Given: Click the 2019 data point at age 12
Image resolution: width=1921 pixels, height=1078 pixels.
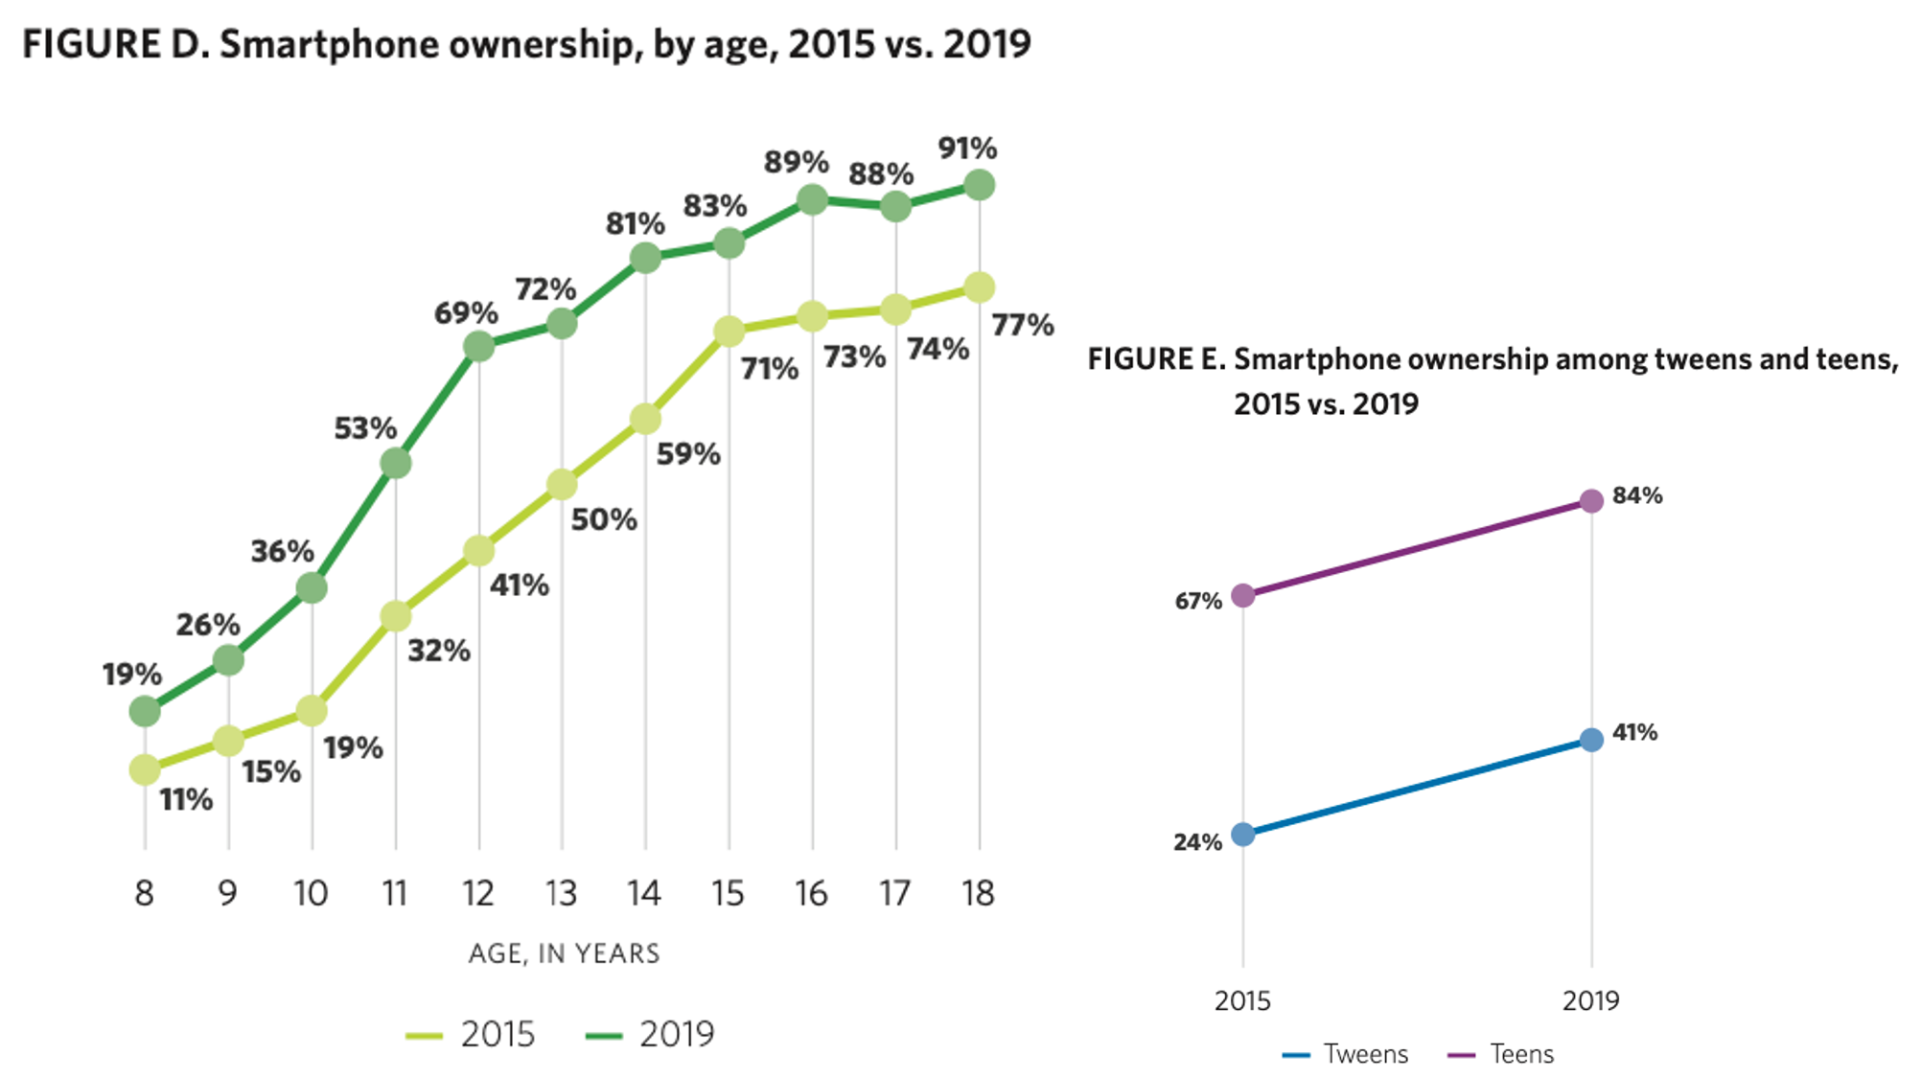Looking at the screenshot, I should click(x=478, y=346).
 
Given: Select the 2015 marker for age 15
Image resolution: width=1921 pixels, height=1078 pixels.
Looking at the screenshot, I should click(x=729, y=332).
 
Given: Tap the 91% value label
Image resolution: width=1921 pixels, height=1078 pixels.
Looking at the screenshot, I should click(x=966, y=149).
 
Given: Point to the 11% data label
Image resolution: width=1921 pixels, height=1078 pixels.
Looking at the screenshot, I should click(x=186, y=799).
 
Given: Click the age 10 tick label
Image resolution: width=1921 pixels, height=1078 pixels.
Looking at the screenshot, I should click(x=311, y=893).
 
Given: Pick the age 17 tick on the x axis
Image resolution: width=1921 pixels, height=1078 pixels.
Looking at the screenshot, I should click(x=894, y=893).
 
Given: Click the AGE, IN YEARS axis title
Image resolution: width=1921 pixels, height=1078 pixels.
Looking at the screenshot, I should click(x=564, y=953).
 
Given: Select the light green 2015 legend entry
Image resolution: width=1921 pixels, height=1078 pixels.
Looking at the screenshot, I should click(x=471, y=1035).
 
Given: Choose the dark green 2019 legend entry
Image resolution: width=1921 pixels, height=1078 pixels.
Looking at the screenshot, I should click(x=651, y=1035).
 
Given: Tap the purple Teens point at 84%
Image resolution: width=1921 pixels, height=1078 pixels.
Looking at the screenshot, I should click(x=1591, y=501).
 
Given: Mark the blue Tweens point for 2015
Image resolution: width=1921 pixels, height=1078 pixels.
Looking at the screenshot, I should click(x=1242, y=835).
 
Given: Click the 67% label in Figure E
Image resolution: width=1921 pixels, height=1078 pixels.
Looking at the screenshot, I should click(x=1198, y=602).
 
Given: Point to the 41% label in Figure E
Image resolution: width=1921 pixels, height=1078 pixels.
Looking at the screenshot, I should click(x=1634, y=733).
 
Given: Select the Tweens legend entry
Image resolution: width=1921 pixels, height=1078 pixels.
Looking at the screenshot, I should click(x=1347, y=1054).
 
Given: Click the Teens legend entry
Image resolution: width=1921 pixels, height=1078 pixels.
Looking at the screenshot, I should click(x=1501, y=1054).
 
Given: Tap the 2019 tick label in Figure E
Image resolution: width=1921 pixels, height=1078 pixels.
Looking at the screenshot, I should click(x=1590, y=1000).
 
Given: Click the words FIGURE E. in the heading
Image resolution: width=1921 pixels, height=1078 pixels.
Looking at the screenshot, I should click(x=1155, y=359).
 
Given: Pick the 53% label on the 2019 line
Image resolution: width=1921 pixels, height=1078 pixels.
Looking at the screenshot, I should click(x=364, y=428).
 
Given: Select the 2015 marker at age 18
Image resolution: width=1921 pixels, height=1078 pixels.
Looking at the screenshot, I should click(x=979, y=287).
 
